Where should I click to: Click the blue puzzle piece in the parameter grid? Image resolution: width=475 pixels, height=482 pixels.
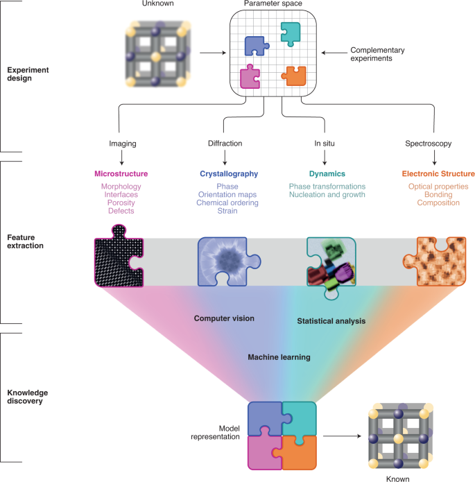pyautogui.click(x=257, y=45)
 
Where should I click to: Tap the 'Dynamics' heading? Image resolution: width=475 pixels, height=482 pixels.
pyautogui.click(x=328, y=173)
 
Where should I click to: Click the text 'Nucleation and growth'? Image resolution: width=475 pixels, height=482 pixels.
pyautogui.click(x=328, y=196)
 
